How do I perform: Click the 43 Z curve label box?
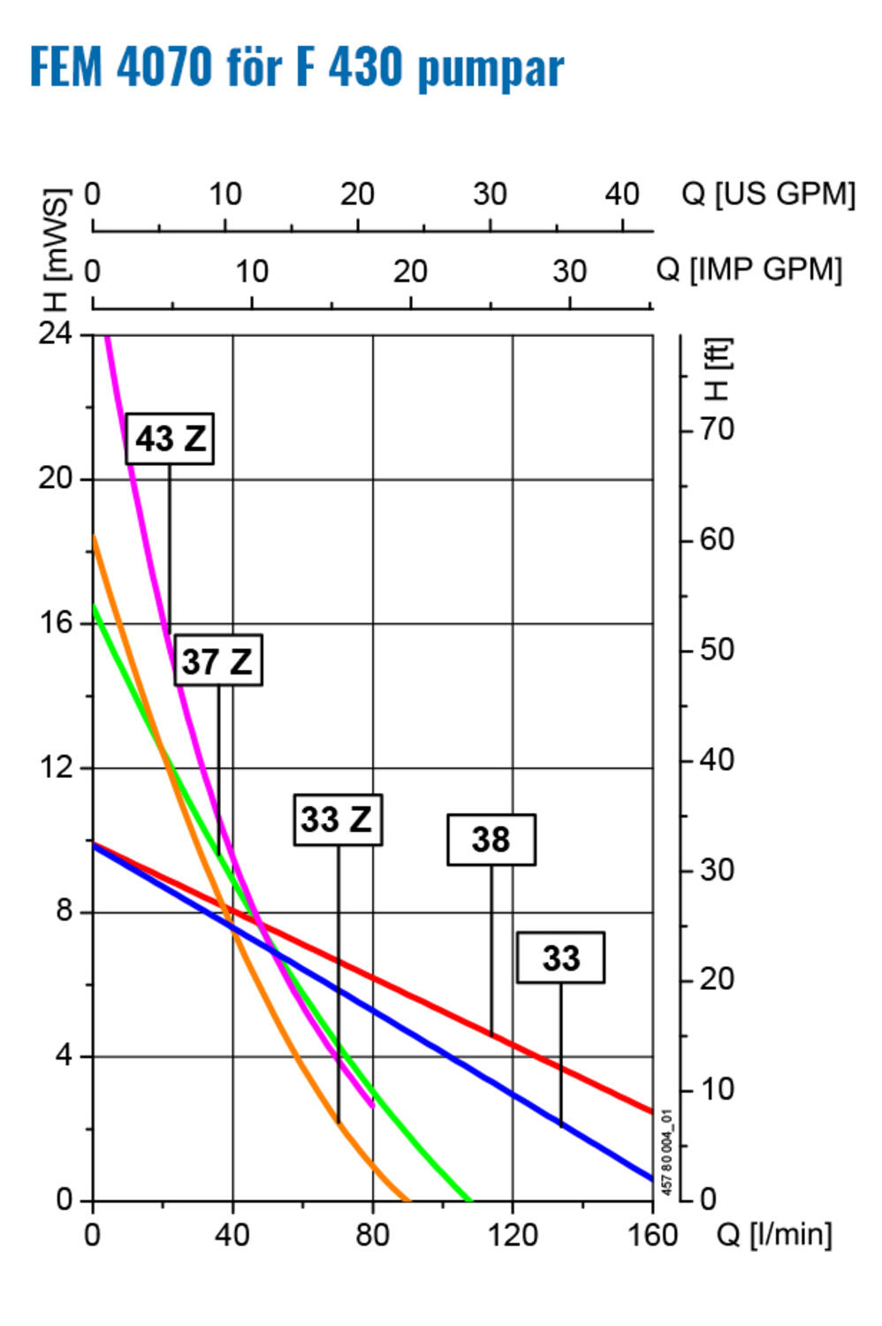pos(170,438)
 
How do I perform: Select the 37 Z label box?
pos(217,660)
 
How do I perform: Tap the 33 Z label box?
pos(338,819)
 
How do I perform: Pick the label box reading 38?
pos(491,840)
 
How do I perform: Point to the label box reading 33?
pos(560,957)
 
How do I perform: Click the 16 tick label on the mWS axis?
pos(55,622)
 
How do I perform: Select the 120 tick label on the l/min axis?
pos(513,1234)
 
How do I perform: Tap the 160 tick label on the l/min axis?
pos(652,1234)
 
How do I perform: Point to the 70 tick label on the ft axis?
pos(717,430)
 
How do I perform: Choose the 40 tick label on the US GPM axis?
pos(622,194)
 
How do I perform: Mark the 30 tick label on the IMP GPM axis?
pos(569,271)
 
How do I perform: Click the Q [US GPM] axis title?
pos(768,194)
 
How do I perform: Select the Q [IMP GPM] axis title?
pos(749,269)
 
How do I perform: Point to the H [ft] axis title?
pos(717,370)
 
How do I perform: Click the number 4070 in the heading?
pos(165,66)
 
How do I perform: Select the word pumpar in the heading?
pos(490,69)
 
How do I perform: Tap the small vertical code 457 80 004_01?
pos(667,1152)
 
